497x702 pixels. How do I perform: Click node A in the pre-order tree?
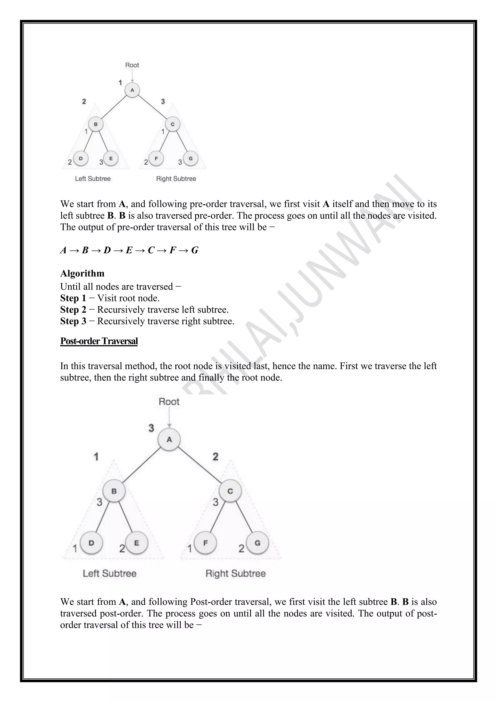(x=132, y=90)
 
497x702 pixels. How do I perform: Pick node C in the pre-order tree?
(x=173, y=124)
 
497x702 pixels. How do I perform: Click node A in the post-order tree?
(x=169, y=440)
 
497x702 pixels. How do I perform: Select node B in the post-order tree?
(x=114, y=491)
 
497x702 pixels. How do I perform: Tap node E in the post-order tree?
(x=136, y=543)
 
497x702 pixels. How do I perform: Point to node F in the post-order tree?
(x=205, y=543)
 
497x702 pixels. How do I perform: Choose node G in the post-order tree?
(x=257, y=543)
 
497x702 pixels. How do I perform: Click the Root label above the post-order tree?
(x=169, y=401)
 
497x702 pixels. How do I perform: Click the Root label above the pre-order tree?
(x=132, y=65)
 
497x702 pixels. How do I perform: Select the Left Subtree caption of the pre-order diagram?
(x=93, y=179)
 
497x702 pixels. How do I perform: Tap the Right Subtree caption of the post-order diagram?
(x=235, y=573)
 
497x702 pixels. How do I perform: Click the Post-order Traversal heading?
(x=99, y=341)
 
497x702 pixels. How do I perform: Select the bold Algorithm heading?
(x=82, y=273)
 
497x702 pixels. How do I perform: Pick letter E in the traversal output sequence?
(x=129, y=250)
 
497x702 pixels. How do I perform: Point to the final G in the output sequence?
(x=195, y=250)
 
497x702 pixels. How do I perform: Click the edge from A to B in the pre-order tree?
(x=114, y=107)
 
